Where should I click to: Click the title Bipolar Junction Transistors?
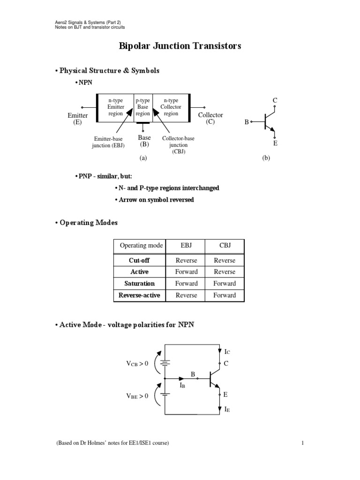coord(180,46)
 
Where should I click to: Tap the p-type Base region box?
coord(143,107)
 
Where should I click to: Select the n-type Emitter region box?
coord(116,107)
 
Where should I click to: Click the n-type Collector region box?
coord(171,107)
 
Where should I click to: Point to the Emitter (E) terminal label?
coord(78,119)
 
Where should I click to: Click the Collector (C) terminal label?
coord(210,118)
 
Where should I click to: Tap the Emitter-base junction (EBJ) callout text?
coord(109,142)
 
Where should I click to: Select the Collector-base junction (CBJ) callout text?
coord(179,145)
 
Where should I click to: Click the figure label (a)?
coord(143,158)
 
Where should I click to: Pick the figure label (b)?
coord(266,158)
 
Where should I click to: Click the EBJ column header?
coord(187,246)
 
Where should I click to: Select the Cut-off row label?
coord(139,261)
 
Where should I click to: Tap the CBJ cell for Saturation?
coord(225,284)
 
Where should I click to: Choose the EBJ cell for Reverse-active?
coord(187,295)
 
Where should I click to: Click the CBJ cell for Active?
coord(225,272)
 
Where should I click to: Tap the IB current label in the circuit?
coord(183,385)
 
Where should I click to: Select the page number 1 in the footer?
coord(303,443)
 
